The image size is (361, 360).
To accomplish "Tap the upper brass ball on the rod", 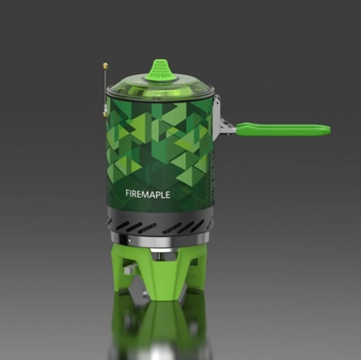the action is [105, 66].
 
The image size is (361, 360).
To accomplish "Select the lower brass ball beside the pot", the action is [104, 114].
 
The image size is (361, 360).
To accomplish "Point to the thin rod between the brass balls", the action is [105, 91].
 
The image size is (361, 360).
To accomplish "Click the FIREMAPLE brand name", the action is [148, 194].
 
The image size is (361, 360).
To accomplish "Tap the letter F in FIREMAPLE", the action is [128, 193].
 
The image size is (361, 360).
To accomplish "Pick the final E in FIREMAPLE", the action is [167, 195].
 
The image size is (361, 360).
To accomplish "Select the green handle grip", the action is [283, 129].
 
